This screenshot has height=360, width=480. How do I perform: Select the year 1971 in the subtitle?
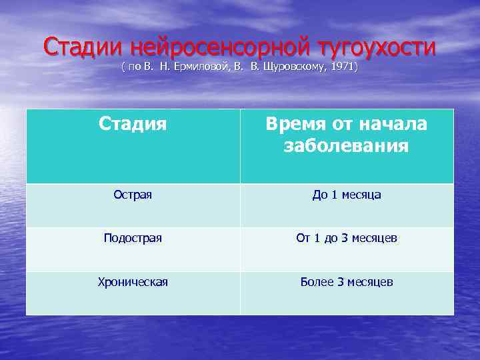click(341, 67)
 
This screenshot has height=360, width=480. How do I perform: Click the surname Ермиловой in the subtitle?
click(192, 67)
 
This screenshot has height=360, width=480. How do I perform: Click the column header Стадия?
click(133, 123)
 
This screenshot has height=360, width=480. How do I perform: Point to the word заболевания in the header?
click(346, 145)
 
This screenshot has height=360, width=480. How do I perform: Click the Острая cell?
click(133, 195)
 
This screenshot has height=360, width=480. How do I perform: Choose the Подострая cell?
click(133, 238)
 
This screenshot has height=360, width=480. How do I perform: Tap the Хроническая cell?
click(133, 282)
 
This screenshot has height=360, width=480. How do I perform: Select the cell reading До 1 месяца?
click(347, 195)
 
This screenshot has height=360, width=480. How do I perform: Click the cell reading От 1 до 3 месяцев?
click(347, 238)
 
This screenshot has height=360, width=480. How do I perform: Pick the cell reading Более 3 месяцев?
click(347, 282)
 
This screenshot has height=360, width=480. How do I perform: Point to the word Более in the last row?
click(317, 282)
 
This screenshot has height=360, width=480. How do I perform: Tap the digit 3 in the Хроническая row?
click(340, 282)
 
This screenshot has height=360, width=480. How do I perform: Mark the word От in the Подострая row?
click(303, 238)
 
